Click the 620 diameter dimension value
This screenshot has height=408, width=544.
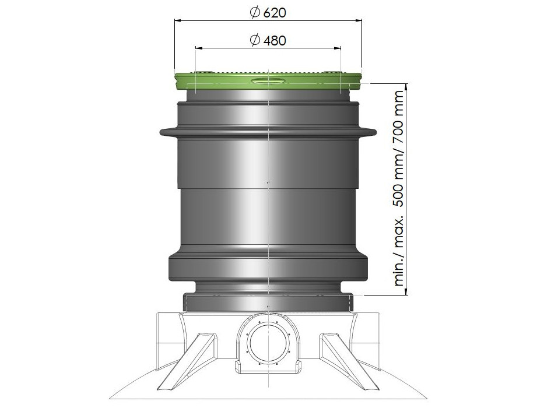click(x=275, y=12)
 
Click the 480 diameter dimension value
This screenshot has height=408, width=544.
click(x=275, y=41)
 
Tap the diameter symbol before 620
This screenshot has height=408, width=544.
click(x=255, y=12)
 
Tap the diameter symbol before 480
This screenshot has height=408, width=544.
click(x=255, y=40)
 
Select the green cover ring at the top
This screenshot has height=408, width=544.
click(x=268, y=80)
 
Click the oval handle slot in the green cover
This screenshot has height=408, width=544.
click(x=268, y=81)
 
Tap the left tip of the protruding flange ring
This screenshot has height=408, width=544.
click(x=160, y=132)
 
